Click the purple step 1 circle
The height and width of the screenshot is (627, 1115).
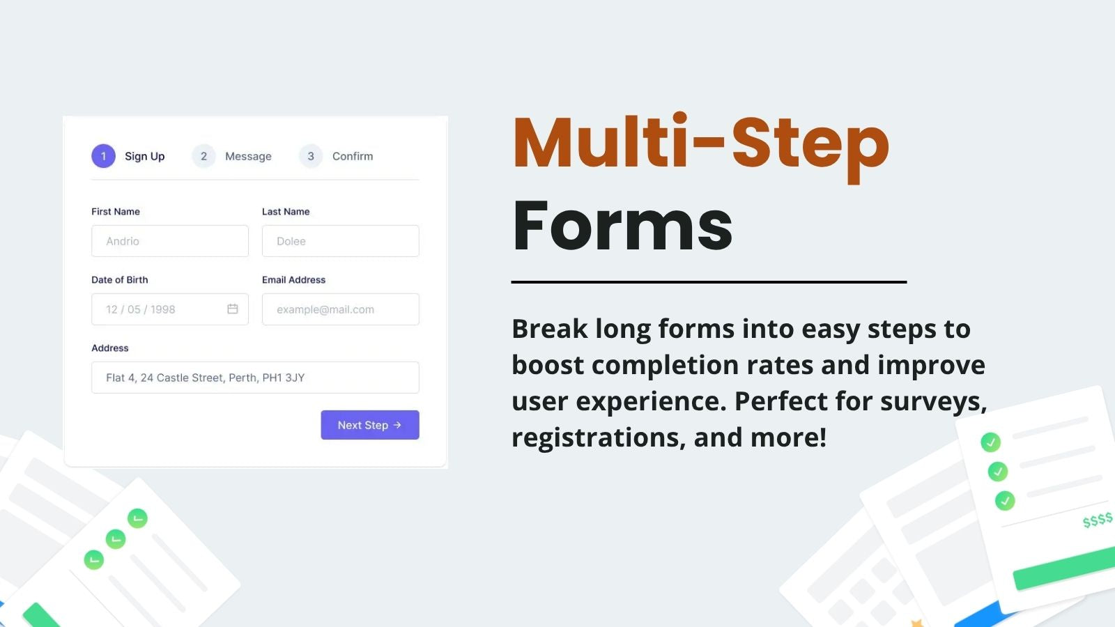click(103, 156)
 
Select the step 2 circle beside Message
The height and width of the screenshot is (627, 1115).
click(203, 156)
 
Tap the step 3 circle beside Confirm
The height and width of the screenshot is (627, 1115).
click(311, 156)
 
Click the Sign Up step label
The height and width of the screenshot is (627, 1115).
click(144, 156)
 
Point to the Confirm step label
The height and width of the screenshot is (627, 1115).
click(353, 156)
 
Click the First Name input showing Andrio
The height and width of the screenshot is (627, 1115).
click(169, 241)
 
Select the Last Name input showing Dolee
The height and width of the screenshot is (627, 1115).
click(340, 241)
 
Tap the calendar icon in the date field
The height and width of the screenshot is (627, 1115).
click(233, 309)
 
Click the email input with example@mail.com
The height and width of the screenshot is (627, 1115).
click(340, 309)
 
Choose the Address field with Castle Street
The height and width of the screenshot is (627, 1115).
click(255, 378)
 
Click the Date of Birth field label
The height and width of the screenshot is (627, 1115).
click(120, 279)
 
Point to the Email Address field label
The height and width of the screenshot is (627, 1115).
click(293, 279)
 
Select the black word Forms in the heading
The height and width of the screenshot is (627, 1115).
click(622, 225)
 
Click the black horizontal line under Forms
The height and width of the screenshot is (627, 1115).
click(709, 282)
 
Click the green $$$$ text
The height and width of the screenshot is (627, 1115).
click(1097, 520)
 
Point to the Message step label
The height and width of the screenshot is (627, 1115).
click(248, 156)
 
